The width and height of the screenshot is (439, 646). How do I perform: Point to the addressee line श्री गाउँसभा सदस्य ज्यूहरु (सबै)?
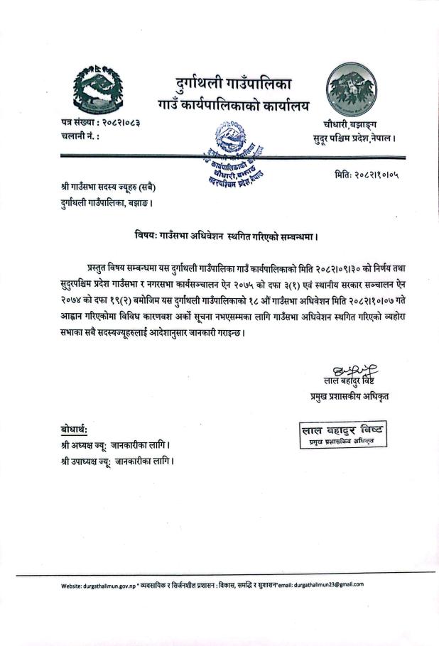click(108, 188)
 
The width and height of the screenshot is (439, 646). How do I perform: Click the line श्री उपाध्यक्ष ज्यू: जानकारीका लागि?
click(117, 460)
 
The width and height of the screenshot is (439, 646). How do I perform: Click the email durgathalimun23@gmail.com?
click(320, 584)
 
